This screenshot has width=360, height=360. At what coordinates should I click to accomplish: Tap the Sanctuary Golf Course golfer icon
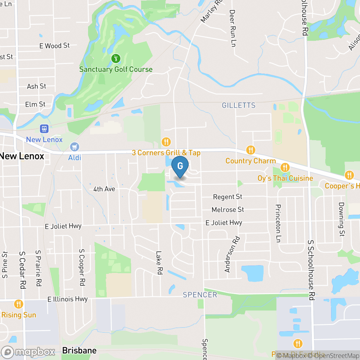click(x=116, y=59)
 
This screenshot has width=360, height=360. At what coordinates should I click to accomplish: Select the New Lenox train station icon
click(x=44, y=129)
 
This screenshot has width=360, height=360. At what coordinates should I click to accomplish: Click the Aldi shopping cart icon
click(x=75, y=147)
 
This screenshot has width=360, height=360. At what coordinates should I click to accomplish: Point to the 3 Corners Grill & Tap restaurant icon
click(x=166, y=142)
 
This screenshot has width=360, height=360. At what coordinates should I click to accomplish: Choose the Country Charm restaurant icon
click(x=250, y=150)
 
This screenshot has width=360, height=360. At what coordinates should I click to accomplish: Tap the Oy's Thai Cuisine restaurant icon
click(x=285, y=167)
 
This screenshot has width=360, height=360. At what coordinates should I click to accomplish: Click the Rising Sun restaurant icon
click(x=19, y=304)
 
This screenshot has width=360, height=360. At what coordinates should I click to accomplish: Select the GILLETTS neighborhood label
click(x=239, y=105)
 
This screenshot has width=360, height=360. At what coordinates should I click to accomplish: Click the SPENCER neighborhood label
click(x=200, y=295)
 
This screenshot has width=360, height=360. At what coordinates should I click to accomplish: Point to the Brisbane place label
click(x=79, y=350)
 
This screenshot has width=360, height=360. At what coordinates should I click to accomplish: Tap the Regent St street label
click(x=228, y=197)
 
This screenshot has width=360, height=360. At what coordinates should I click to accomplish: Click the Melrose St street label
click(x=228, y=210)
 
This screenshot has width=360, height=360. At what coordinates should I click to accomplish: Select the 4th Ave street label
click(x=104, y=189)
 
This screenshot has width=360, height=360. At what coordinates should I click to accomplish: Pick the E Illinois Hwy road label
click(x=67, y=299)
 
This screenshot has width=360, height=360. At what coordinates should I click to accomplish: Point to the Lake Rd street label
click(x=159, y=263)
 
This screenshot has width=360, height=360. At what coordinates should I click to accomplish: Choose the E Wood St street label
click(x=54, y=46)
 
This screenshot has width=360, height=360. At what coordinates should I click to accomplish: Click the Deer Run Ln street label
click(x=233, y=28)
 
